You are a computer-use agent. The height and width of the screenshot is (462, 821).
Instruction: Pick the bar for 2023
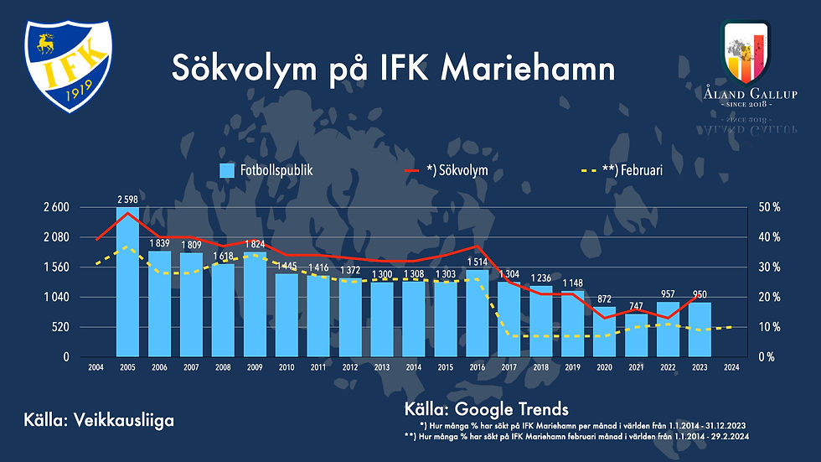tap(700, 329)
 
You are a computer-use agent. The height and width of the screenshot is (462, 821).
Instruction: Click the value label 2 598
tap(128, 200)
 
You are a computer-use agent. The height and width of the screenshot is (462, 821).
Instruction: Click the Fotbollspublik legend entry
tap(266, 170)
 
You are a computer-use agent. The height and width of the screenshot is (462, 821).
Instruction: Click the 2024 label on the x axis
tap(731, 367)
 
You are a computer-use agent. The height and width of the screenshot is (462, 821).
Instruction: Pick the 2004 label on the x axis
tap(96, 367)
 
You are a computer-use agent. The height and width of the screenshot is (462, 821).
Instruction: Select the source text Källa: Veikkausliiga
tap(99, 420)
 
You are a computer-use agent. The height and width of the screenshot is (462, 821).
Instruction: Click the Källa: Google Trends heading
tap(486, 409)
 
